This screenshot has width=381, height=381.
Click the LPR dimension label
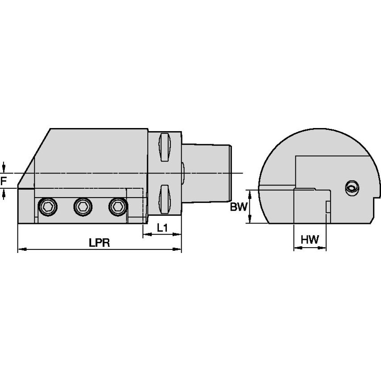tap(99, 243)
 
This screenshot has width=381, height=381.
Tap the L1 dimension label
tap(162, 228)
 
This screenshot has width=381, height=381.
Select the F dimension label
tap(4, 181)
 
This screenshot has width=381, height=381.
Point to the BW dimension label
tap(238, 207)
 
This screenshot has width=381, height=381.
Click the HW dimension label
tap(310, 240)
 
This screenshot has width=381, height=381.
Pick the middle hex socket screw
tap(83, 206)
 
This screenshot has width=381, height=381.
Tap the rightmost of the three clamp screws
tap(118, 206)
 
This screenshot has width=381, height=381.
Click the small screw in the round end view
tap(352, 188)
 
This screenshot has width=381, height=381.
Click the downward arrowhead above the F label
tap(4, 170)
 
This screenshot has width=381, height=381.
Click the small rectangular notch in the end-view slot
tap(328, 207)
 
